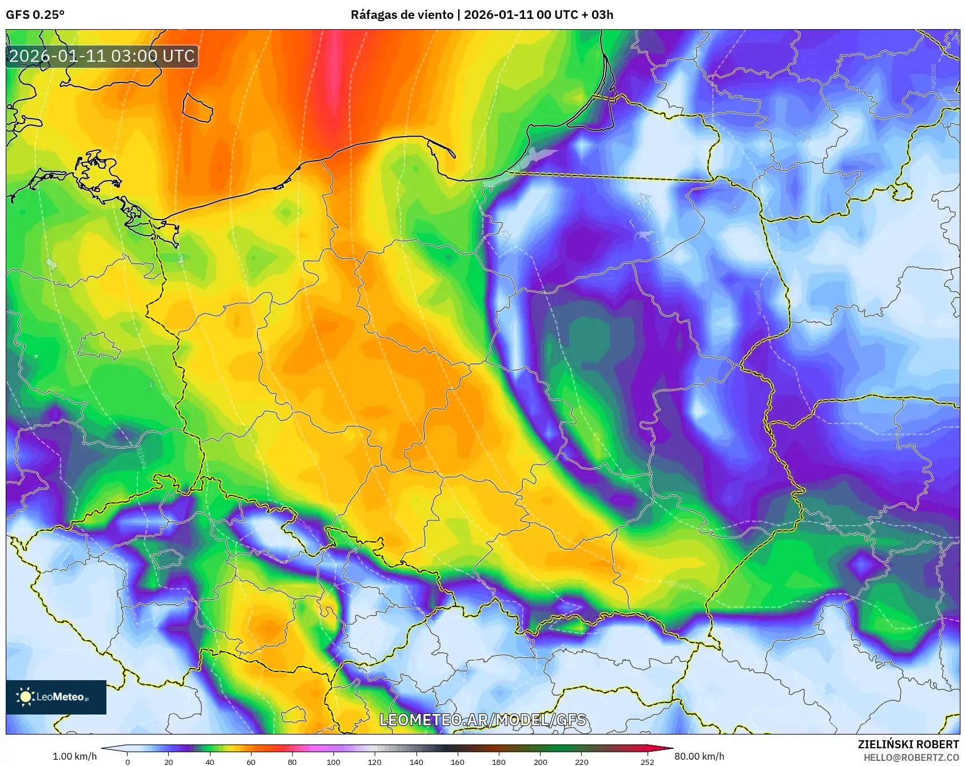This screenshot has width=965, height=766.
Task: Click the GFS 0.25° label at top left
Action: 35,15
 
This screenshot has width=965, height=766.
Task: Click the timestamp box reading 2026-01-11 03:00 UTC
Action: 102,56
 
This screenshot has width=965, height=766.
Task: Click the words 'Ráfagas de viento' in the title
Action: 402,15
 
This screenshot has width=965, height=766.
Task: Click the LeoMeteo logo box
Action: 56,697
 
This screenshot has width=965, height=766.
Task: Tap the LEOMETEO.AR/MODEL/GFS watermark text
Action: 483,720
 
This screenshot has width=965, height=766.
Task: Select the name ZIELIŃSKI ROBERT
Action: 908,744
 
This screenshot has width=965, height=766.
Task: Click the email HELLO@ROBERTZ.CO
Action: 911,757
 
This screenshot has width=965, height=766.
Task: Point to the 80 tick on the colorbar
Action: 292,761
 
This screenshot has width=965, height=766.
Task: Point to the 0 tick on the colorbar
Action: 128,761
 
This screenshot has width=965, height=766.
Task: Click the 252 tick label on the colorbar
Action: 647,761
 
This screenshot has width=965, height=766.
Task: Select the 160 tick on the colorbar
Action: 457,761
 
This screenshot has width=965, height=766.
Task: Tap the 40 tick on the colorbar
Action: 210,761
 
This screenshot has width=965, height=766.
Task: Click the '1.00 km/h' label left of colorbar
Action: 74,756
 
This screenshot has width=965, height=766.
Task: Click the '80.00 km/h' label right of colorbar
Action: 699,756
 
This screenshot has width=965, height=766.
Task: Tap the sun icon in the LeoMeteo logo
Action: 25,696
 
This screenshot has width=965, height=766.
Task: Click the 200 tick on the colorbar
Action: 540,761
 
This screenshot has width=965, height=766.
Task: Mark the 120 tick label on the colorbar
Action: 375,761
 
